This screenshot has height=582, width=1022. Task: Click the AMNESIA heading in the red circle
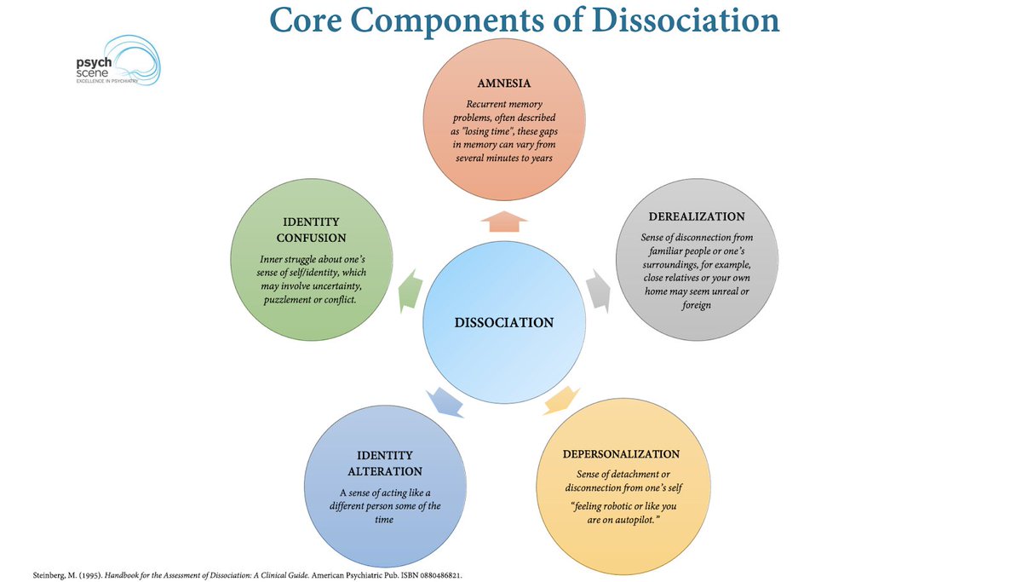(x=504, y=84)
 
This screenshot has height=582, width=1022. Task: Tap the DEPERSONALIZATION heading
(x=621, y=453)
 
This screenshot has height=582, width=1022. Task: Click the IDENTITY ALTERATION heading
(x=385, y=463)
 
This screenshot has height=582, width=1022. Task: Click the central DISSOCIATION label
(x=504, y=322)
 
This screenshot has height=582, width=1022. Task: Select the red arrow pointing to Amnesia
(x=504, y=222)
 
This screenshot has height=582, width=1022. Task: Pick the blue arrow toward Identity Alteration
(x=445, y=399)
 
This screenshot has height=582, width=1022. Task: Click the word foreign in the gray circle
(x=696, y=304)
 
